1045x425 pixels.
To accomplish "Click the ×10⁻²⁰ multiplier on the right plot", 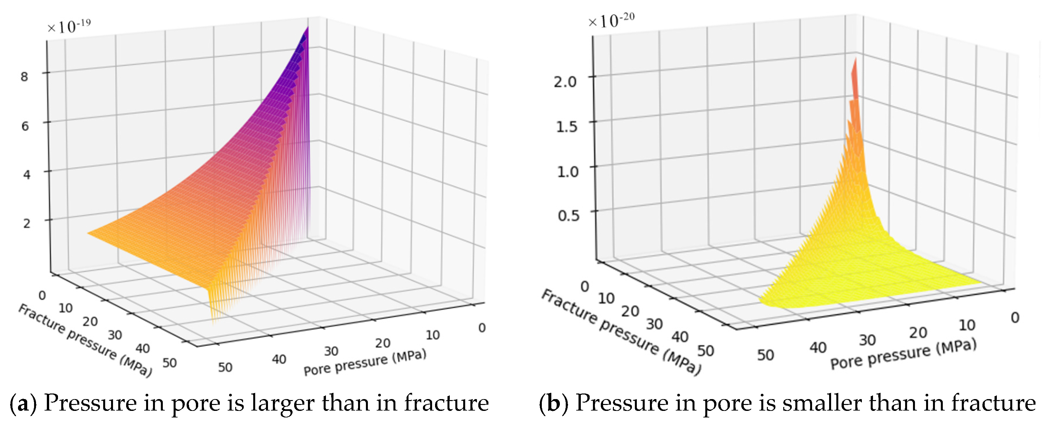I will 611,20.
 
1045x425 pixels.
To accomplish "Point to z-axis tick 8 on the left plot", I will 24,76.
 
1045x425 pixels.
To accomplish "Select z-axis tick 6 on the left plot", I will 25,126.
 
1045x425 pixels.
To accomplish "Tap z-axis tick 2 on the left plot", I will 26,223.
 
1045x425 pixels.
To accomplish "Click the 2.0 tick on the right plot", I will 565,82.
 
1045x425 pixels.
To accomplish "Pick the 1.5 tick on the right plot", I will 566,127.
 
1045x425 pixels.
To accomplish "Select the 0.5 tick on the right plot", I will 568,216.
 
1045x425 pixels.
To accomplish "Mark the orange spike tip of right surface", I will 855,61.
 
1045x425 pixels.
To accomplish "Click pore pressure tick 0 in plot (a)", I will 482,328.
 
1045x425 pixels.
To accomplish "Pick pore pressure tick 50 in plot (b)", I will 766,355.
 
